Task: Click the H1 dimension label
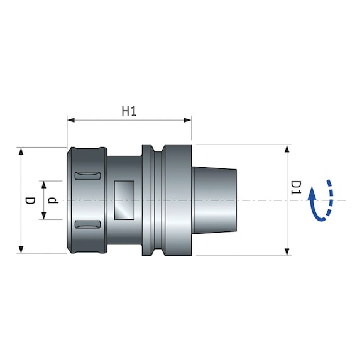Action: click(x=129, y=111)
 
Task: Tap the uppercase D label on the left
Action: click(x=30, y=200)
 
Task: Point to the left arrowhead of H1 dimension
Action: click(x=70, y=119)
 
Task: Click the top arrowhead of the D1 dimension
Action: click(x=288, y=149)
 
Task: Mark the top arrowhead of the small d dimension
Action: click(x=43, y=184)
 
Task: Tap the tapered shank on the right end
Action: click(x=214, y=200)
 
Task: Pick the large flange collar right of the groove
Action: click(x=177, y=200)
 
